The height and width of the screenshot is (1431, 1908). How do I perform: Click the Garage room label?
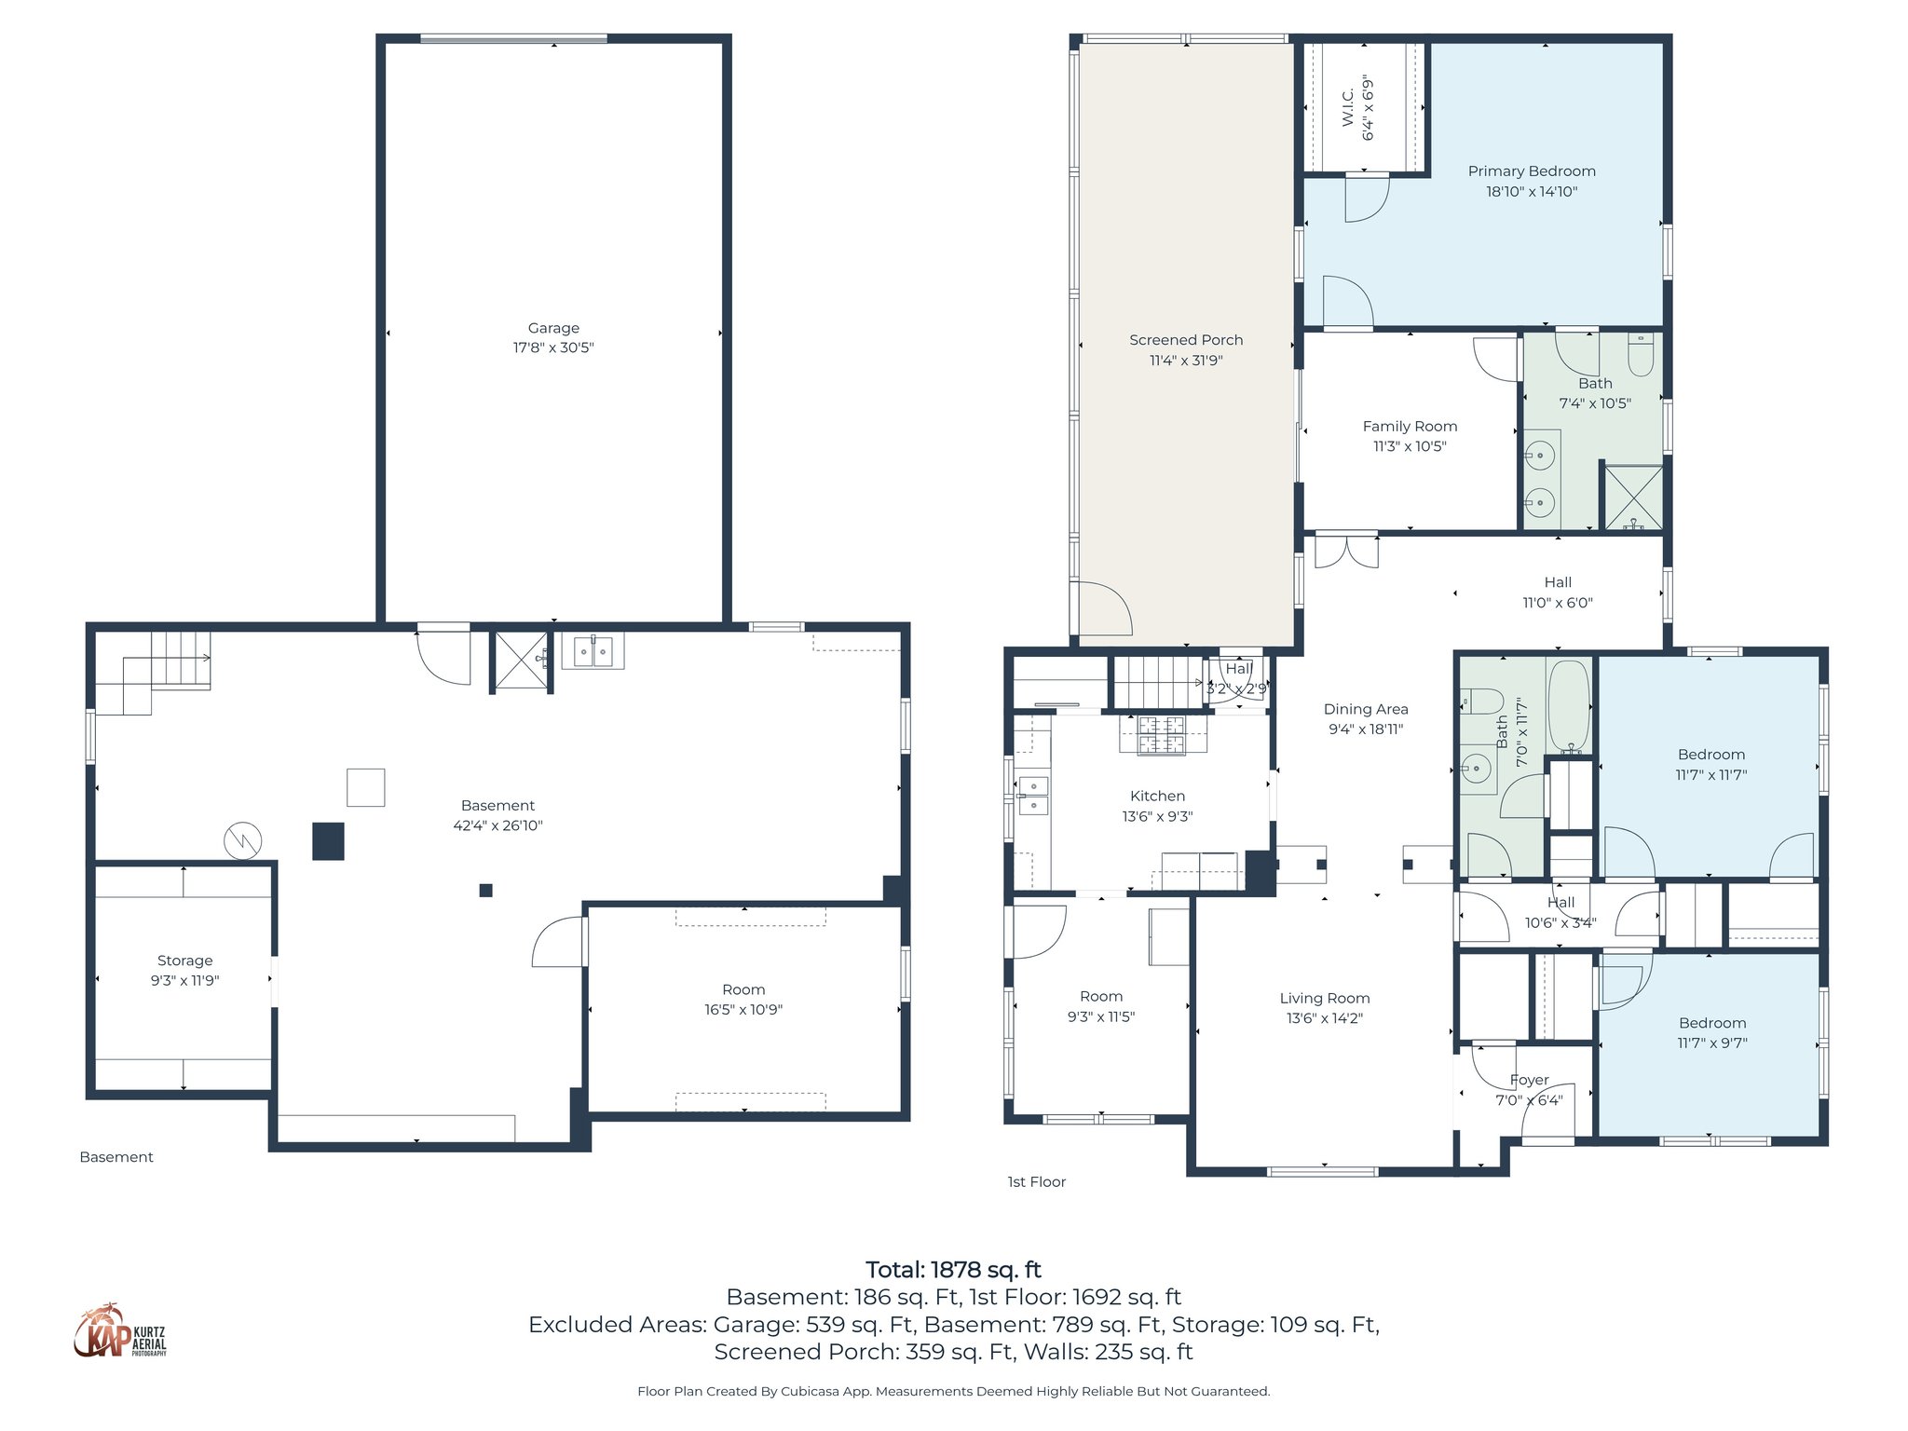553,328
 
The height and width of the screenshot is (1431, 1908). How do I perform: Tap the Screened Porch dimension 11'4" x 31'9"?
1185,361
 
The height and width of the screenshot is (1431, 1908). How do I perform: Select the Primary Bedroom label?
1531,171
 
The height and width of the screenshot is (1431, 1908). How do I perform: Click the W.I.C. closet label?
1348,108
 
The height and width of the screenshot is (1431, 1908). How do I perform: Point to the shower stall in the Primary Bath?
1632,497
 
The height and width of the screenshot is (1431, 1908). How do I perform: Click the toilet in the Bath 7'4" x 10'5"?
1640,355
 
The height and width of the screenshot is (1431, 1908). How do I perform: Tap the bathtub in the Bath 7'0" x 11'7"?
1569,706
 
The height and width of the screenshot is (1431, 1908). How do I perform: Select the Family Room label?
1409,427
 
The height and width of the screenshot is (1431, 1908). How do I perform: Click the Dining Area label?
1365,709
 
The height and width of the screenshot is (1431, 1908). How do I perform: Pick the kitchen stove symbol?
1162,734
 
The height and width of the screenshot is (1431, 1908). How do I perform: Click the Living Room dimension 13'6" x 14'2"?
1324,1018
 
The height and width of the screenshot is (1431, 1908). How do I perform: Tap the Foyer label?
1529,1080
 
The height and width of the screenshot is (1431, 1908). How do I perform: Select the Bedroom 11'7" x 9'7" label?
1711,1023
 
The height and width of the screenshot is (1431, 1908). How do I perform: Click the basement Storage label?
184,961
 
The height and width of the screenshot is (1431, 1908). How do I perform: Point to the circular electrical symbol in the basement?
242,841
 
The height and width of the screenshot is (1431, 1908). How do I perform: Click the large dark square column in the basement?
328,840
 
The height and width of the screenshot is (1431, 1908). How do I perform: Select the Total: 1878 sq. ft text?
953,1270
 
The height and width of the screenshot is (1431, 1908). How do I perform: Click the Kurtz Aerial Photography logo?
119,1332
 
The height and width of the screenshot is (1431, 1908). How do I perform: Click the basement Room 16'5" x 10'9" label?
743,989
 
